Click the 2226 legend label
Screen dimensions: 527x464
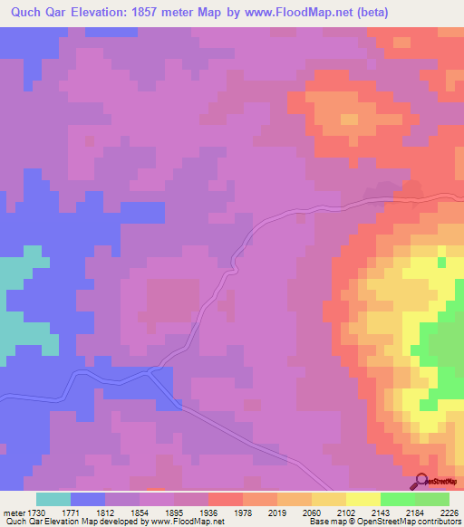[449, 513]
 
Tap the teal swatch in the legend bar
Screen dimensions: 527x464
[53, 499]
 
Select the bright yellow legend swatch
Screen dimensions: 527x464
[362, 499]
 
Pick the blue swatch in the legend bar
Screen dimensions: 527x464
[88, 499]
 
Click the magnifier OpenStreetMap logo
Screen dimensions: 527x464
[420, 481]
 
